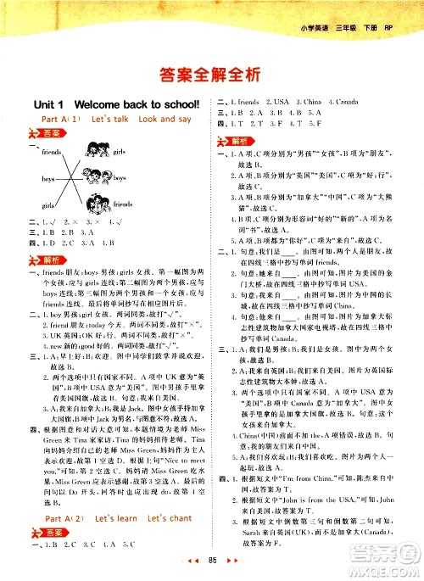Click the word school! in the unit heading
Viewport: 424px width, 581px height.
(x=177, y=103)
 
